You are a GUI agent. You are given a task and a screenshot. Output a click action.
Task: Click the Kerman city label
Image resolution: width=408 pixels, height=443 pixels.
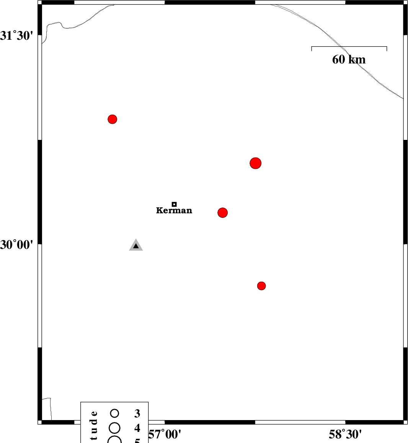174,211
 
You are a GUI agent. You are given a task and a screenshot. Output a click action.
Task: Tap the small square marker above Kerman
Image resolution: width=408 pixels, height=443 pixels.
174,204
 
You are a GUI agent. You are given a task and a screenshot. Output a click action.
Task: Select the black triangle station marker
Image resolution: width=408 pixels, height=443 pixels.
136,246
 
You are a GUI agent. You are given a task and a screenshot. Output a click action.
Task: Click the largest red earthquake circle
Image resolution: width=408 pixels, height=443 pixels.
256,163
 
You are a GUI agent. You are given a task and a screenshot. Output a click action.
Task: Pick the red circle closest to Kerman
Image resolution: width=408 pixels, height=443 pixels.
223,213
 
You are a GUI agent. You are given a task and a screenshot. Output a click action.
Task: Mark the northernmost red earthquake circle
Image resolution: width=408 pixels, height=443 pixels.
112,119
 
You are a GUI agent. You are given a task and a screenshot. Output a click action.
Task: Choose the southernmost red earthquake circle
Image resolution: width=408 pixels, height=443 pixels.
261,286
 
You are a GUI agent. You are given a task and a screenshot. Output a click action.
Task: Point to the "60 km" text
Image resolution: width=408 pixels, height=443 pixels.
349,60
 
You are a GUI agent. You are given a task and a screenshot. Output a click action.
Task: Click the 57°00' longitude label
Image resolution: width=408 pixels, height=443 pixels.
165,435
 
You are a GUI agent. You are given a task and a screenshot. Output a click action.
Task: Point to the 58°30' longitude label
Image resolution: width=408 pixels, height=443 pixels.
345,435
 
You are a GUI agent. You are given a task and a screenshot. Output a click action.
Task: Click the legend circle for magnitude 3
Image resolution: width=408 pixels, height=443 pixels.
114,413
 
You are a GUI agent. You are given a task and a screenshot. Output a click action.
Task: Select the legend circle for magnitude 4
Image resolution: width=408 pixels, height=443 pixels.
114,427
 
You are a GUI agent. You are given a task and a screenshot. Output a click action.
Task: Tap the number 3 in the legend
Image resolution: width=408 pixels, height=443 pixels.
137,413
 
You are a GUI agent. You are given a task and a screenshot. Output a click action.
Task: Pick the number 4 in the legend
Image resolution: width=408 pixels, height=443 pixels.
137,428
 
